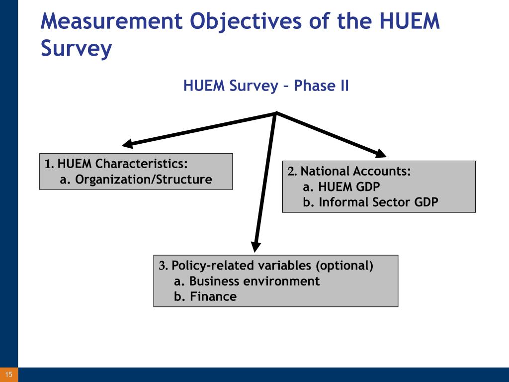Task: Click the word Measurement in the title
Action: tap(112, 21)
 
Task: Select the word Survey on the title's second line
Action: tap(76, 49)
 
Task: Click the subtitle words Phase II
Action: tap(321, 86)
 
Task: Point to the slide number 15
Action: tap(9, 375)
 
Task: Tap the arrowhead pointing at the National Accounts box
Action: tap(380, 153)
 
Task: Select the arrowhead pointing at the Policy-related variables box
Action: tap(256, 247)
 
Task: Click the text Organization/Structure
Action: tap(144, 179)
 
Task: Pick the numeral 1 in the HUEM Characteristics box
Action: tap(48, 164)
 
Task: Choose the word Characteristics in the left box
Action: tap(141, 163)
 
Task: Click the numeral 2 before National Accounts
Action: tap(291, 171)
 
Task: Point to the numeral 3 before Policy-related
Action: tap(163, 266)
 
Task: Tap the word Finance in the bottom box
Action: tap(213, 296)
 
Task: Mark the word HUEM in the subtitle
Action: tap(204, 86)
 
